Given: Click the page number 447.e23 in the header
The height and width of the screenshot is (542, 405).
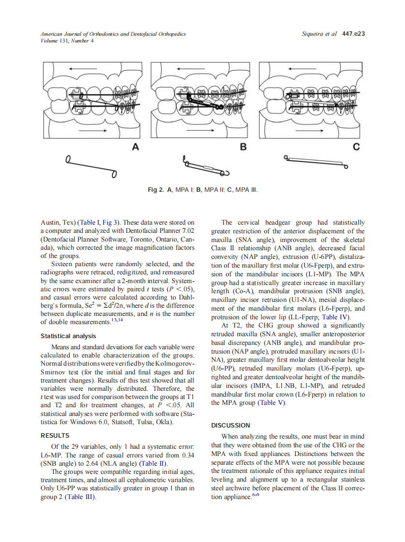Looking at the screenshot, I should [x=353, y=34].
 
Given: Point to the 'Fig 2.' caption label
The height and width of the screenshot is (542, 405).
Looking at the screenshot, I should [x=156, y=189].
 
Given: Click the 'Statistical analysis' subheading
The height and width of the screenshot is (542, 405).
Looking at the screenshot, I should [x=68, y=336].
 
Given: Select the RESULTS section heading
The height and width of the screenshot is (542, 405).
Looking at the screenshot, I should [x=55, y=435].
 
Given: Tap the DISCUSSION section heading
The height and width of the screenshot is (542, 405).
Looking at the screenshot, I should [x=231, y=425].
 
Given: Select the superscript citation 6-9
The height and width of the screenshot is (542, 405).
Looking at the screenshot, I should [x=255, y=495].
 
